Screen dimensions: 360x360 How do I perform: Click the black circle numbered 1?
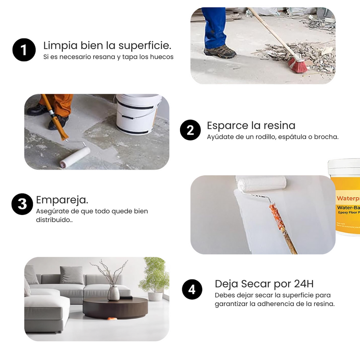[24, 50]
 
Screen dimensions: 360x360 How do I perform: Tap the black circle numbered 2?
[190, 130]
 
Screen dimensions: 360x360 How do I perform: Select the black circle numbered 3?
[22, 204]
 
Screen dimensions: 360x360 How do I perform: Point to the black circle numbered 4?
[192, 289]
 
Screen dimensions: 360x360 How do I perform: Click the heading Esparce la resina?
[251, 125]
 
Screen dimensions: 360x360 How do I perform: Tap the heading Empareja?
[62, 200]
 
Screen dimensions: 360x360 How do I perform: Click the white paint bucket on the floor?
[138, 113]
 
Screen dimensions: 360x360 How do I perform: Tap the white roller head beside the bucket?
[75, 157]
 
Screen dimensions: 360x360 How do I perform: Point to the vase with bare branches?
[113, 293]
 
